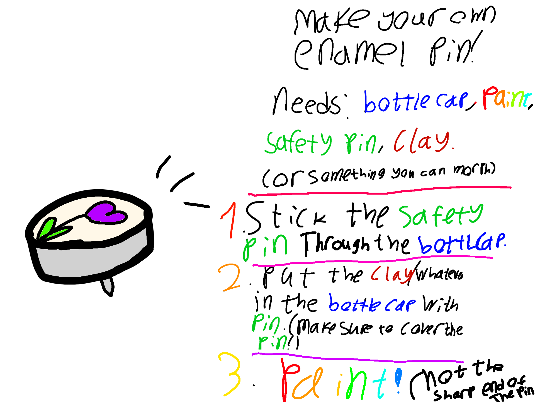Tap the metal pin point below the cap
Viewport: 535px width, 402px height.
(108, 286)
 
